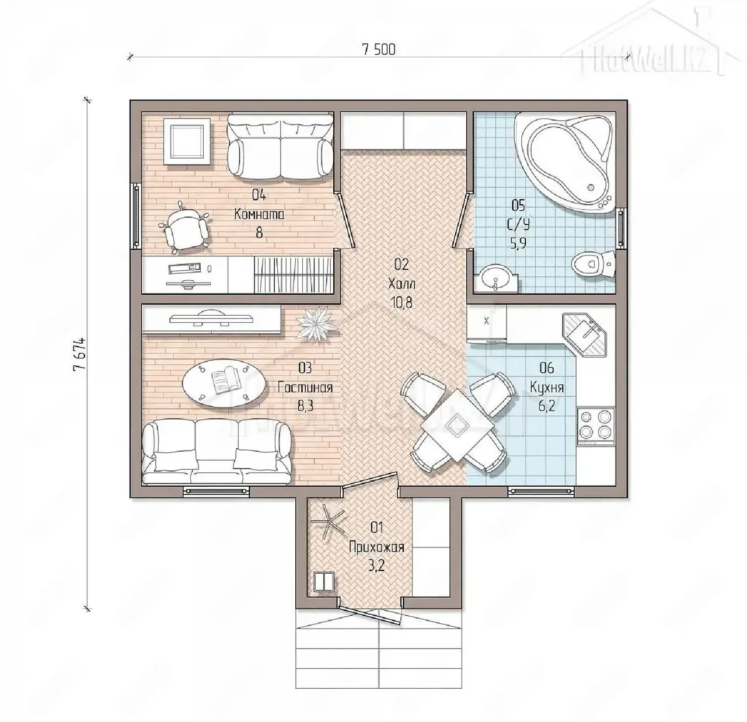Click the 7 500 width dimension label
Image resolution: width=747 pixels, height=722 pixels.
click(x=379, y=50)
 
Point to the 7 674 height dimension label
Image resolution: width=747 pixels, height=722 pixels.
click(x=79, y=354)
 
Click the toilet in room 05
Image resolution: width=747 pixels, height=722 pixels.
click(x=592, y=264)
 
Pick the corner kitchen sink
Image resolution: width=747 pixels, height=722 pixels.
click(x=585, y=334)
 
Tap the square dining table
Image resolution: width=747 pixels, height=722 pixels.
click(x=457, y=425)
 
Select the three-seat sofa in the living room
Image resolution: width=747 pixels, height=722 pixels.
click(x=217, y=452)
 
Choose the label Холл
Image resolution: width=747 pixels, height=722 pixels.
click(x=402, y=284)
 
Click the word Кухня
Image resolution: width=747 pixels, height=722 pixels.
click(x=547, y=388)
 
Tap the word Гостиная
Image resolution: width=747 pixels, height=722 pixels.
click(x=305, y=388)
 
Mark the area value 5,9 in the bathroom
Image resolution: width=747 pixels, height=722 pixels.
click(x=518, y=243)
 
